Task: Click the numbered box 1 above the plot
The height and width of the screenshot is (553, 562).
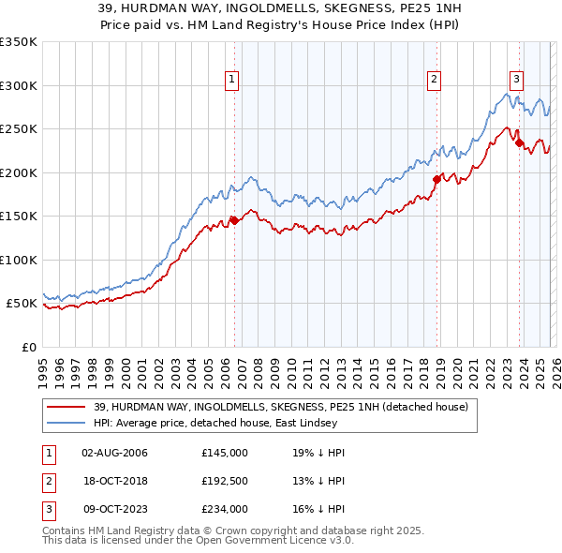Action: (x=231, y=80)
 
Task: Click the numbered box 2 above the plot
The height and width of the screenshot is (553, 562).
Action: (x=435, y=80)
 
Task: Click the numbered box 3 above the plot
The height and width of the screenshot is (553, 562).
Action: (x=516, y=80)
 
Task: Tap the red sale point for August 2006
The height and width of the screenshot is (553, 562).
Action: (x=234, y=220)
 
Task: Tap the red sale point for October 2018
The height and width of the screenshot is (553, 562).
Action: (x=436, y=179)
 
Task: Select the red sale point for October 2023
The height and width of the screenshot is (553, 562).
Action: (x=519, y=143)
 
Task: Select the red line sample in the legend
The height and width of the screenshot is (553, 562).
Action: (x=67, y=407)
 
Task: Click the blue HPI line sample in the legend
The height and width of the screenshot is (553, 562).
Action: (x=67, y=423)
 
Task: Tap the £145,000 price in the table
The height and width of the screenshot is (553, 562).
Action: (x=224, y=453)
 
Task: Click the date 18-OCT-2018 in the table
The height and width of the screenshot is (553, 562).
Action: (x=114, y=481)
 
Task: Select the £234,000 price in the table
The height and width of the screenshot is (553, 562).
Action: (x=224, y=509)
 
